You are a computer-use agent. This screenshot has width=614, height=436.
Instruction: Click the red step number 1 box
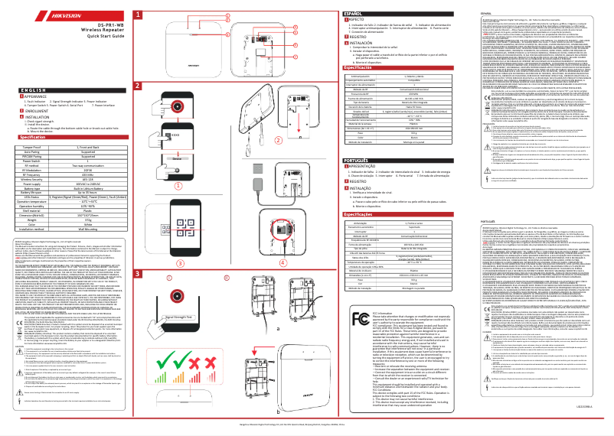(137, 13)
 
